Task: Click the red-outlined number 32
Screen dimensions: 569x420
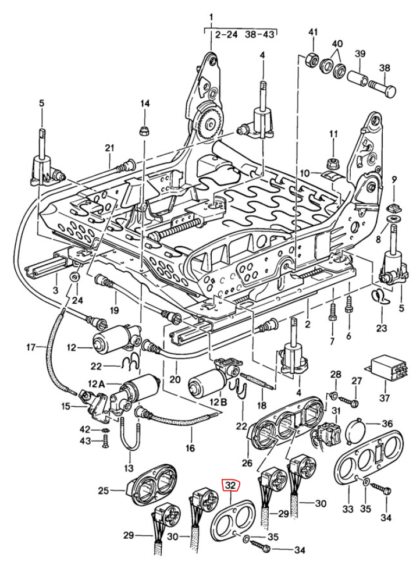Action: coord(230,485)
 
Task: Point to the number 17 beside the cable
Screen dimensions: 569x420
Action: coord(31,348)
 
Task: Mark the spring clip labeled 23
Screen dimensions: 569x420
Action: coord(379,297)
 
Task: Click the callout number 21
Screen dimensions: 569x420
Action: coord(109,148)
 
